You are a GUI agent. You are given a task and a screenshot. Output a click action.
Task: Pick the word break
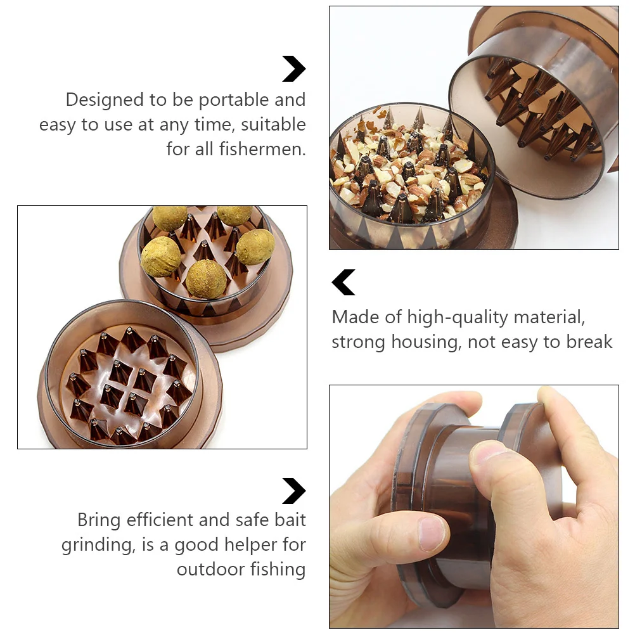click(x=586, y=342)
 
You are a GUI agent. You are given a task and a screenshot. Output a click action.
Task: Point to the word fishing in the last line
click(x=276, y=569)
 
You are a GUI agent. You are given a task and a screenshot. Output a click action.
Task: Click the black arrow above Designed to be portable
click(x=293, y=69)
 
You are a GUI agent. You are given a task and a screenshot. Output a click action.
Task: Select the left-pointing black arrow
click(x=343, y=283)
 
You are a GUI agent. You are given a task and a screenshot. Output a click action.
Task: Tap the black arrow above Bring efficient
click(x=293, y=491)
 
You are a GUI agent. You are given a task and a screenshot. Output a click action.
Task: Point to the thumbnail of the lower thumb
click(x=432, y=532)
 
